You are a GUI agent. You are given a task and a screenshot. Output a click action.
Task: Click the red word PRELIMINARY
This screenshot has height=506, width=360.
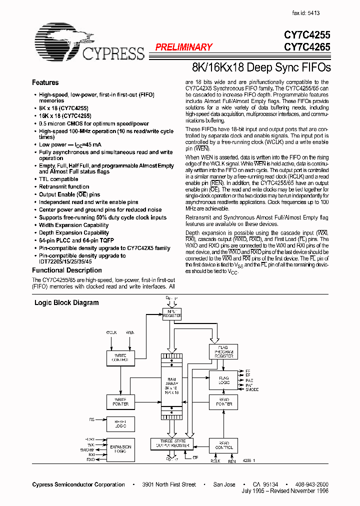click(x=183, y=47)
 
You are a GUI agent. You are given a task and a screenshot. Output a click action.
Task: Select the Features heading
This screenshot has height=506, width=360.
click(x=45, y=82)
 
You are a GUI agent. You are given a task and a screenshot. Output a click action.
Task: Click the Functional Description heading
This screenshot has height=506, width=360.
click(x=67, y=270)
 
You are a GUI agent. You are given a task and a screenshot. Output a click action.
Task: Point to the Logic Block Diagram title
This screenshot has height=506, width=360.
click(x=66, y=302)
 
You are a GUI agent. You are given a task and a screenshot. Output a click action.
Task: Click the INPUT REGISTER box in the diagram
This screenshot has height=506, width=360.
click(x=172, y=314)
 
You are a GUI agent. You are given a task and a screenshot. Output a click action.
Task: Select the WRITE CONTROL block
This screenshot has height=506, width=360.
click(x=120, y=358)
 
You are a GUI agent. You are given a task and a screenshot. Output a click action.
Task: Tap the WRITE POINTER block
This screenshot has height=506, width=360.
click(x=120, y=401)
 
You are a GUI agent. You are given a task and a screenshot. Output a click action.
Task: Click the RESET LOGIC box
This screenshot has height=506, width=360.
click(x=120, y=424)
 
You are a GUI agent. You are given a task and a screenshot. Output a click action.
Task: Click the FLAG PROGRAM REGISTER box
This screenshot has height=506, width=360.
click(x=223, y=351)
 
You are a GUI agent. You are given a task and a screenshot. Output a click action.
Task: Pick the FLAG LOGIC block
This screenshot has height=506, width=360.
click(x=223, y=380)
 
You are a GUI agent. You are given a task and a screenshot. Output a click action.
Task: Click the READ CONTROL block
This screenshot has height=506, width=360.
click(x=223, y=446)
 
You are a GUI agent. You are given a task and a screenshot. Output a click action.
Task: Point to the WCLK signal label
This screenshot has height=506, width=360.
click(x=111, y=332)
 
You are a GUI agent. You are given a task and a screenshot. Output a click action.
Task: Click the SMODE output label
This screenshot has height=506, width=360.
click(x=252, y=389)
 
